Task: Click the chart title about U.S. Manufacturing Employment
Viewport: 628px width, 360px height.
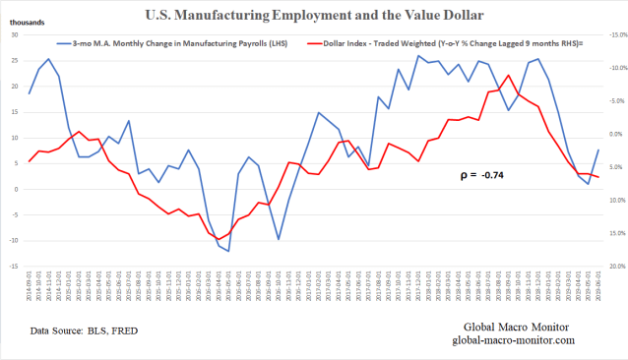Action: pos(315,15)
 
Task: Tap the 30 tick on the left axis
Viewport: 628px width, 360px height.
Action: pos(14,35)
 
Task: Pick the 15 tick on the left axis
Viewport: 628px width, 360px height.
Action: pos(14,112)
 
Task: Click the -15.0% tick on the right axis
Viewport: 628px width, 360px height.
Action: pos(615,35)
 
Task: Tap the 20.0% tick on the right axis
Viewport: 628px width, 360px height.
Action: pos(615,266)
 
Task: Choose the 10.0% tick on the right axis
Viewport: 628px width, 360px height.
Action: pos(615,200)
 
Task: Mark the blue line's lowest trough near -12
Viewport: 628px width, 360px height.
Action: pos(228,251)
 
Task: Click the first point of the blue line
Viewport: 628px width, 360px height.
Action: pos(30,93)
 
